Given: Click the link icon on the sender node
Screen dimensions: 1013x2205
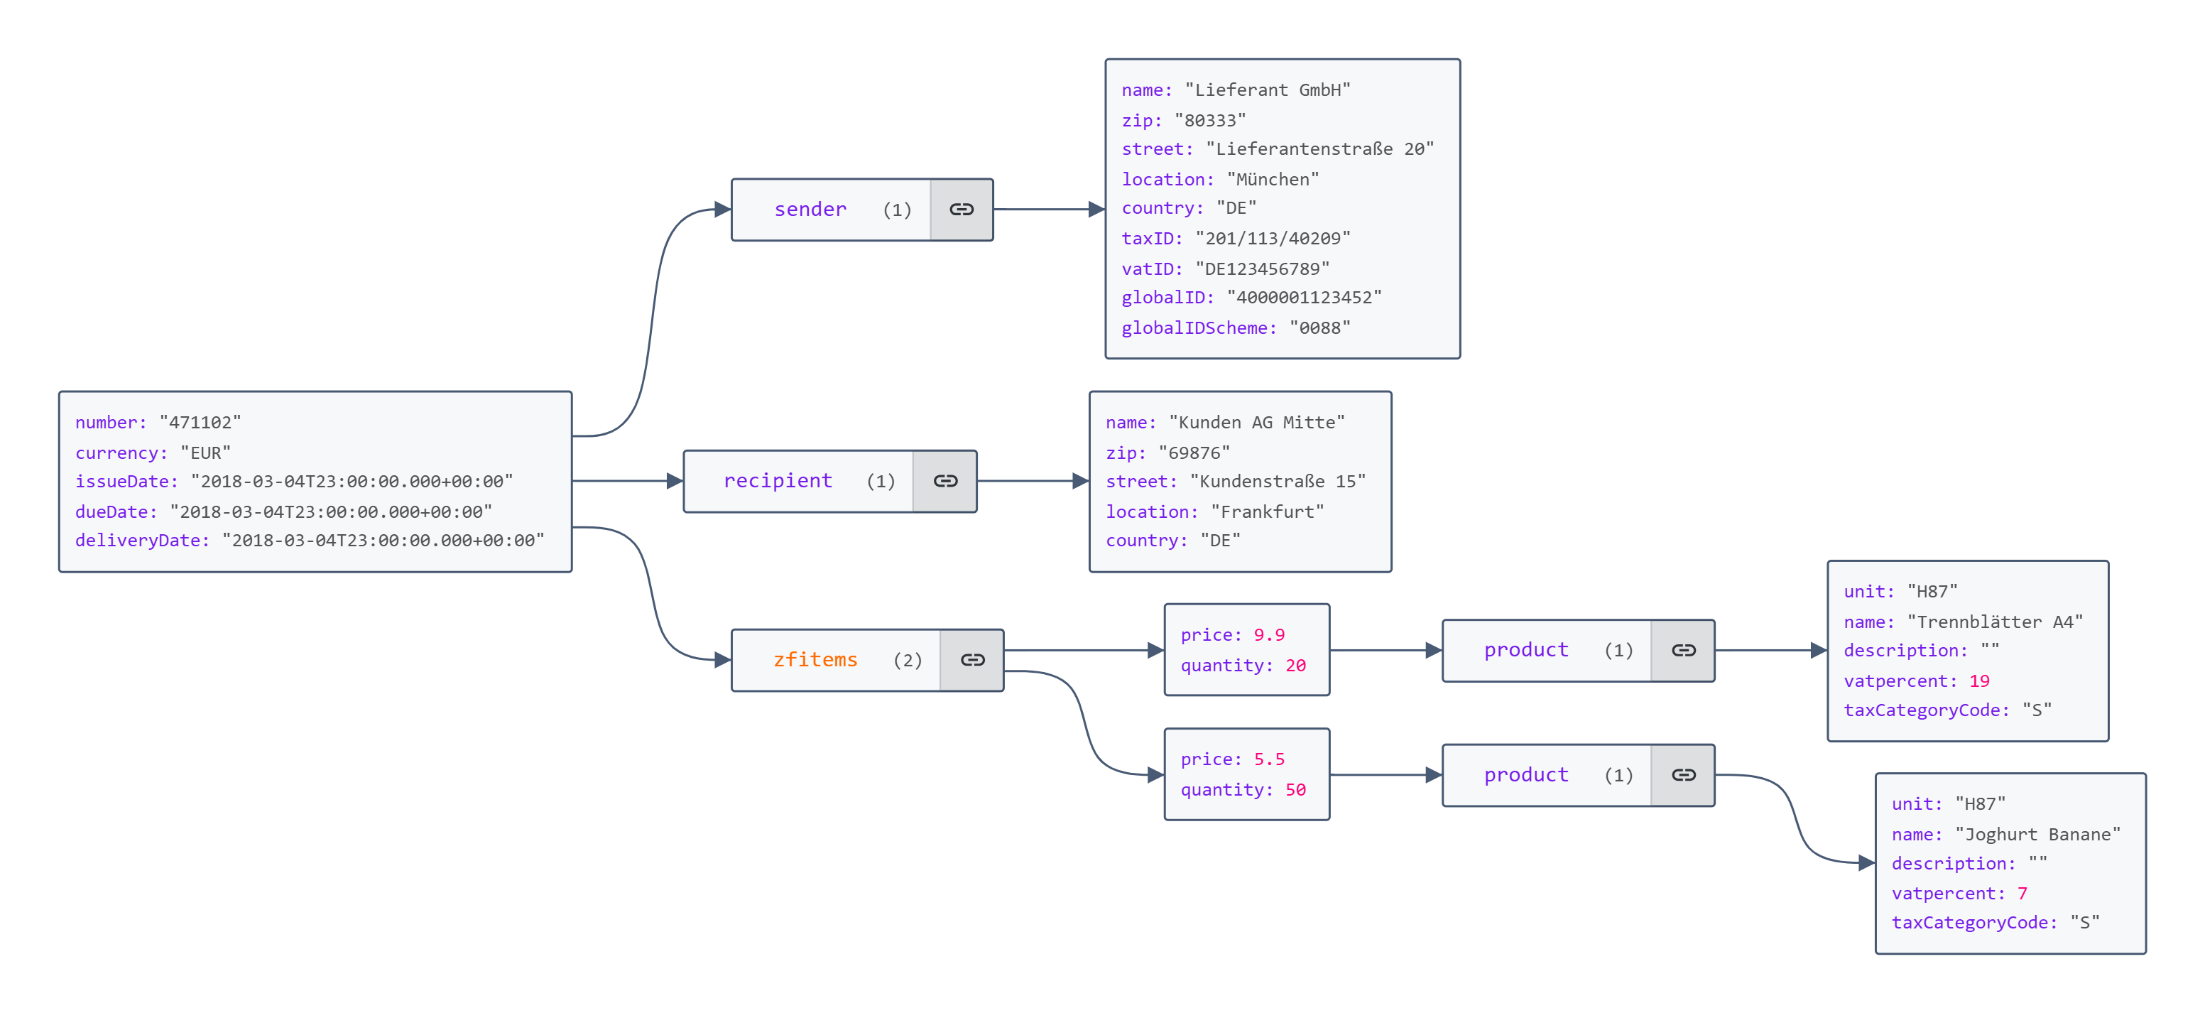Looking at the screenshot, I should [x=962, y=210].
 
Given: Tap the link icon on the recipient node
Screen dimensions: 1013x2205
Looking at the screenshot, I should [x=945, y=481].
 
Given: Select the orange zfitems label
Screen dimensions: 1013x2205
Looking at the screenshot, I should [x=815, y=660].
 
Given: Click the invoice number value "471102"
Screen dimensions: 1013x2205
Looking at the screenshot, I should [x=200, y=423].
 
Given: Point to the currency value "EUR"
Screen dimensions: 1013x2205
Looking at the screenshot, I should [x=205, y=453].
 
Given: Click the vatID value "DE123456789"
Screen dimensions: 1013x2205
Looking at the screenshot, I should [x=1263, y=269].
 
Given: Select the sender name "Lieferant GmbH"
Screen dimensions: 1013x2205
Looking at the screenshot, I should [x=1268, y=90].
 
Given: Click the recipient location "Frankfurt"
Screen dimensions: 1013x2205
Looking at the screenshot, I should [x=1267, y=512].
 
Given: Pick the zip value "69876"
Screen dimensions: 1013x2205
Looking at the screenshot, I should [x=1194, y=453].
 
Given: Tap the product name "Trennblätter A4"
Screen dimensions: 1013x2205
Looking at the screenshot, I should [x=1994, y=622].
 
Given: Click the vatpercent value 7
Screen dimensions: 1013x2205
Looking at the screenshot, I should [x=2022, y=894].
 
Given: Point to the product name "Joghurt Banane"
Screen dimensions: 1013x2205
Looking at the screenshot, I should [x=2037, y=835].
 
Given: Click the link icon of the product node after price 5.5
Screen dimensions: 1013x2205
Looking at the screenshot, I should [x=1683, y=776].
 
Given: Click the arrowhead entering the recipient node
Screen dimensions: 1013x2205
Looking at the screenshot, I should [x=675, y=481].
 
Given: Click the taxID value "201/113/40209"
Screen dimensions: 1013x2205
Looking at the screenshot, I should [x=1273, y=239].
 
